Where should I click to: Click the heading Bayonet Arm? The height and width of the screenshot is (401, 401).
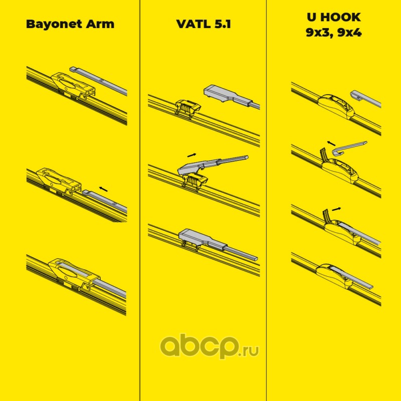pyautogui.click(x=70, y=24)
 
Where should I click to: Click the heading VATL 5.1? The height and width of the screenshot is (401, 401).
pyautogui.click(x=203, y=24)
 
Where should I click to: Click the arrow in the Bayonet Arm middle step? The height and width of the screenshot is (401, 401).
pyautogui.click(x=103, y=188)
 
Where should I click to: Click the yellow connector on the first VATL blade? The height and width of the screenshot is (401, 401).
pyautogui.click(x=187, y=106)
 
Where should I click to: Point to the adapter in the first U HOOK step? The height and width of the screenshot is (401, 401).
pyautogui.click(x=334, y=103)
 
